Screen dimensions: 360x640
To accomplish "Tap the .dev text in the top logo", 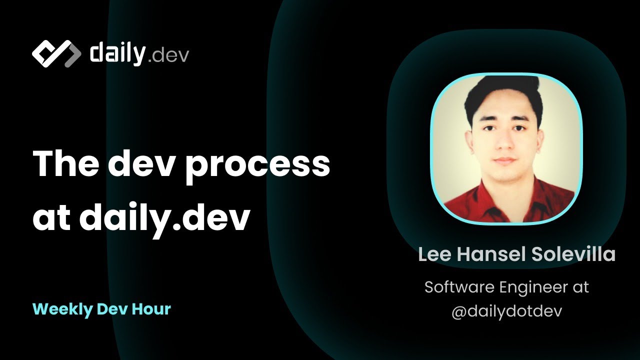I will [168, 56].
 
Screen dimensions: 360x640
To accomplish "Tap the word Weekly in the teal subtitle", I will [62, 309].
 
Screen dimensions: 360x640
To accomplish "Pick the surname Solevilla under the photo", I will [573, 254].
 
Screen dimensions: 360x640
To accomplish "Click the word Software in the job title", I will [459, 287].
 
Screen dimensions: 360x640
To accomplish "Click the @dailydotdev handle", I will [506, 311].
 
